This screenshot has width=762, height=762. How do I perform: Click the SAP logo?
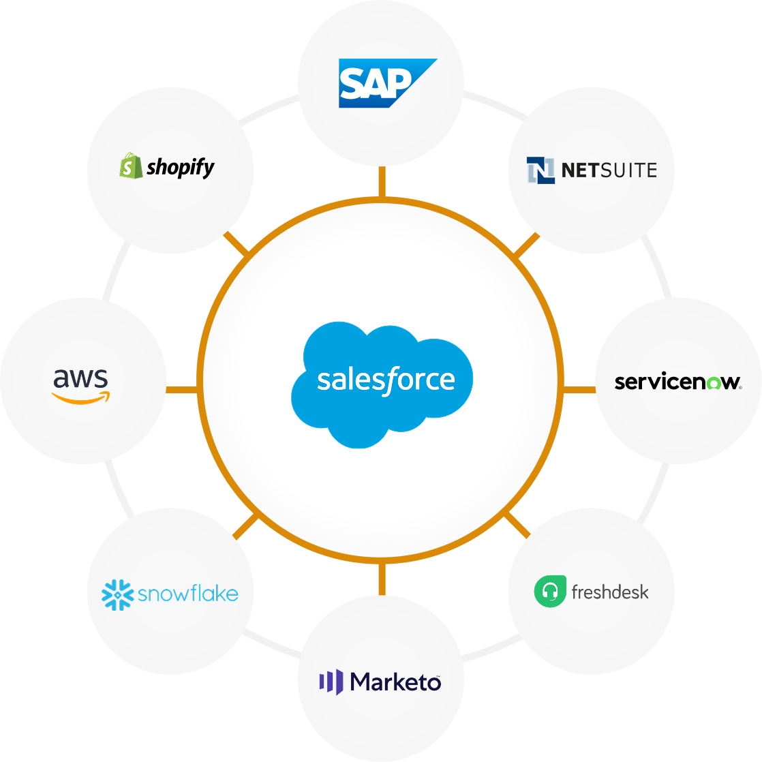click(386, 83)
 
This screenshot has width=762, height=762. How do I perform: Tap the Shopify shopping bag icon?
click(131, 166)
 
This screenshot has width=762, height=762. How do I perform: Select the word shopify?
click(181, 167)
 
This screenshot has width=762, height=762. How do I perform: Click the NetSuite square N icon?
click(540, 170)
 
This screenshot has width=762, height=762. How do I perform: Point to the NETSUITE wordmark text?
click(609, 170)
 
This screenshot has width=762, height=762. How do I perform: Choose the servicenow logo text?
click(677, 382)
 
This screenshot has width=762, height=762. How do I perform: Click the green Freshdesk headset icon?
click(551, 591)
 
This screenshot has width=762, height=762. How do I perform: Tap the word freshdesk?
click(610, 592)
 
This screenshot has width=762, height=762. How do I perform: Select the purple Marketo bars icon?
click(331, 682)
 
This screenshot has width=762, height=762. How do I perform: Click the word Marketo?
click(395, 682)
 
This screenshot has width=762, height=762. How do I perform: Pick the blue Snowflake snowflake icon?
click(117, 594)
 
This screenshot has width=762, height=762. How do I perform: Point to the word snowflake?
click(188, 594)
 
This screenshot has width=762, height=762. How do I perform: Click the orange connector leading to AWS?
click(182, 390)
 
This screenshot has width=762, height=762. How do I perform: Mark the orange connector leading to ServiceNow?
click(580, 390)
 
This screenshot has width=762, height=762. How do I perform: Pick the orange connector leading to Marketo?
click(382, 579)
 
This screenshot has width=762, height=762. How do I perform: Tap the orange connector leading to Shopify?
click(237, 243)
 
